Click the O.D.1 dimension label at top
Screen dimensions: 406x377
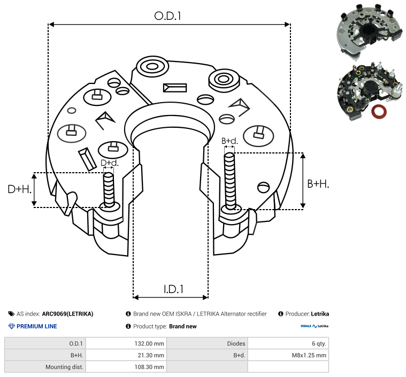[x=167, y=16]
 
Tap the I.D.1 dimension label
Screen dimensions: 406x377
[x=173, y=289]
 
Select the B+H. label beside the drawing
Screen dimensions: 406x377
[x=318, y=184]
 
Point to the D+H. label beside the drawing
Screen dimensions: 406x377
[x=19, y=189]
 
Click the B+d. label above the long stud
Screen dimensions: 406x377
[x=229, y=141]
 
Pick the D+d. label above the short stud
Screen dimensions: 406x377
[x=109, y=163]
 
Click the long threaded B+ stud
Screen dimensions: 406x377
[x=229, y=181]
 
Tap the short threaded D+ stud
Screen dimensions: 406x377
[x=109, y=189]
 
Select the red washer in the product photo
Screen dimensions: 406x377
[x=379, y=112]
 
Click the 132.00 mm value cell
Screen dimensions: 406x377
[x=149, y=344]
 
